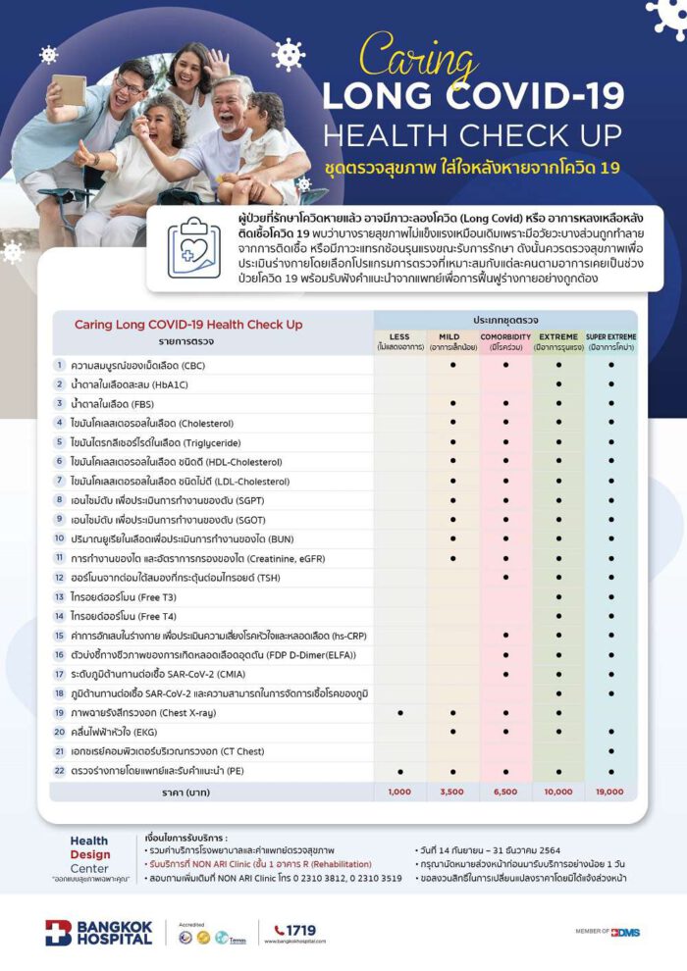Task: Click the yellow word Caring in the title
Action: (x=420, y=57)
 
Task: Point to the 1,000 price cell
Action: (x=399, y=791)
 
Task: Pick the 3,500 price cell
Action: (x=452, y=791)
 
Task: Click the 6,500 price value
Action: (x=505, y=791)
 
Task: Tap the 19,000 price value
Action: (x=611, y=791)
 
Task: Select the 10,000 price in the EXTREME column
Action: (x=558, y=791)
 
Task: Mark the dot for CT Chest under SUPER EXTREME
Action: (x=611, y=750)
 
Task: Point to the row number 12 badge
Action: (x=59, y=578)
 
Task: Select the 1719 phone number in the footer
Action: (x=300, y=930)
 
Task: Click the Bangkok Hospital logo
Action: (x=98, y=933)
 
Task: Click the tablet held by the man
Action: (x=69, y=90)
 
